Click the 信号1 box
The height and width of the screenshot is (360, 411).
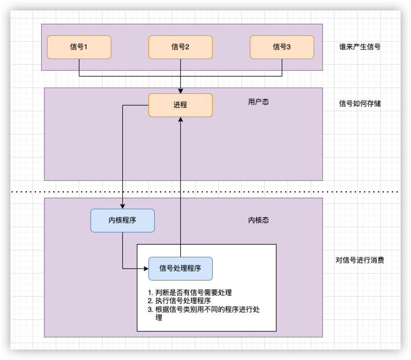[x=79, y=47]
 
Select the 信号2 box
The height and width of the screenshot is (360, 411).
[x=180, y=47]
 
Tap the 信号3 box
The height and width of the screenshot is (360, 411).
[x=282, y=47]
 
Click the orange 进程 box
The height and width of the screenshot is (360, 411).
[x=180, y=105]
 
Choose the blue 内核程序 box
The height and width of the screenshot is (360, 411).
[x=122, y=220]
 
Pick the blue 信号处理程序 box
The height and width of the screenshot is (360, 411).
[x=180, y=268]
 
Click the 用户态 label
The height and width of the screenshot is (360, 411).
[x=258, y=102]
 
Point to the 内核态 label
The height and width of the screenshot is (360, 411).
[x=258, y=220]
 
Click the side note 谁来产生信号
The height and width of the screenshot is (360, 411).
[x=359, y=47]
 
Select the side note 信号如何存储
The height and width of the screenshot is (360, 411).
[x=359, y=104]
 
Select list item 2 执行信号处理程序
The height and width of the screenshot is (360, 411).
[x=182, y=301]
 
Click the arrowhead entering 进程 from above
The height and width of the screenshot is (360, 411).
[x=180, y=90]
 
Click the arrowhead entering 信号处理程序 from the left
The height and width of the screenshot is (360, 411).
[x=146, y=268]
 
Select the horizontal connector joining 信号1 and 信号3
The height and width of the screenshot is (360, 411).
[x=232, y=76]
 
